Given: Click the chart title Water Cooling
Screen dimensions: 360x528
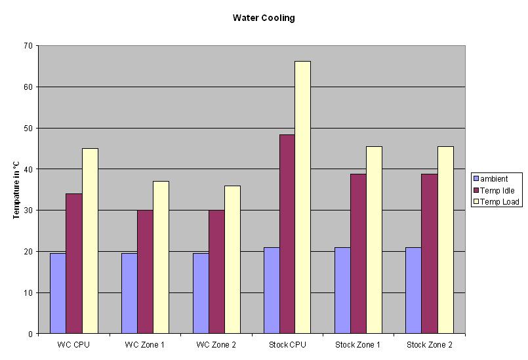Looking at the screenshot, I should tap(264, 18).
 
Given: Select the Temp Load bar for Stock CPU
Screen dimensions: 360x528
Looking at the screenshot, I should tap(302, 197).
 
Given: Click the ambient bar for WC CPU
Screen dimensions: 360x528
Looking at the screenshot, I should tap(58, 293).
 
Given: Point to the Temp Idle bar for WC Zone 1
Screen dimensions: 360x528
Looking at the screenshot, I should tap(145, 271).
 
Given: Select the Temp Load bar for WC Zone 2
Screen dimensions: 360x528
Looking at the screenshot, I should tap(232, 260).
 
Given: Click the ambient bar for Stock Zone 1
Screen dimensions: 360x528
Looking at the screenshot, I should tap(342, 290).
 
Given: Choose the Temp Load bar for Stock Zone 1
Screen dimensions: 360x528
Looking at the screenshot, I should tap(374, 240).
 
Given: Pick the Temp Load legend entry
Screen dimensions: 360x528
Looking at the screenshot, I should tap(500, 201).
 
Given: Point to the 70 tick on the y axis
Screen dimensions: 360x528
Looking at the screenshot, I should tap(28, 46).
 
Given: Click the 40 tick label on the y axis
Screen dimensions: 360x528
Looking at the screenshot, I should tap(28, 169).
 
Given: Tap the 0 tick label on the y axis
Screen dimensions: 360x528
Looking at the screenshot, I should tap(30, 334).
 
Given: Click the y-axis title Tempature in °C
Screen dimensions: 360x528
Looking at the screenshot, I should tap(16, 190).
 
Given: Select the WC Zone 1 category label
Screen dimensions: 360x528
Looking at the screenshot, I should tap(145, 345).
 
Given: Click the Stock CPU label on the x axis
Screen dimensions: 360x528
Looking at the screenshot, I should tap(287, 345).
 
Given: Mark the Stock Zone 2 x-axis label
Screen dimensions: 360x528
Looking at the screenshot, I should tap(430, 345).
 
